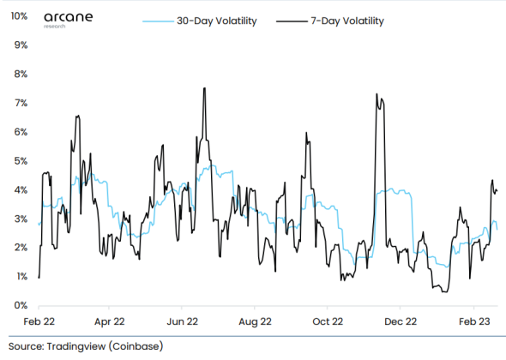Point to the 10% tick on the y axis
click(x=17, y=16)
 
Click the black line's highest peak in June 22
click(x=203, y=88)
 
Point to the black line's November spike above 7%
click(x=376, y=94)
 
